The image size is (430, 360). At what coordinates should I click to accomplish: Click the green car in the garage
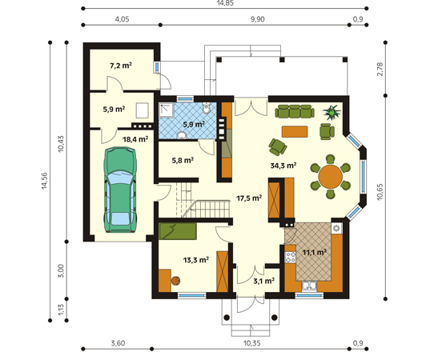120,190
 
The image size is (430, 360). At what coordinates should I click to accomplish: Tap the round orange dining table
330,176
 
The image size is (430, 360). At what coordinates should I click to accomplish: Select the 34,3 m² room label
283,166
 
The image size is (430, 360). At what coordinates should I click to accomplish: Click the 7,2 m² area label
121,66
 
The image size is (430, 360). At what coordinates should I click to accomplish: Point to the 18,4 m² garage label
135,139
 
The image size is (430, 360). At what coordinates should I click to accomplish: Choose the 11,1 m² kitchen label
314,252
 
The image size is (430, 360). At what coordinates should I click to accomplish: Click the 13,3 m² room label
196,259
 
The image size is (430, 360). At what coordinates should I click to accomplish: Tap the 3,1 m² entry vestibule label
263,281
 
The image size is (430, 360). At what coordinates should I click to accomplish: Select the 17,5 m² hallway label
249,198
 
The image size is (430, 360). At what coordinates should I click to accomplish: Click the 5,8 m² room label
183,160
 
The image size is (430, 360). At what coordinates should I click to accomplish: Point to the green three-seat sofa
295,111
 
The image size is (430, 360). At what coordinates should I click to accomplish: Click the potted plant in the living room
332,112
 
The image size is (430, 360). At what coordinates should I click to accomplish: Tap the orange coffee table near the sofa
295,131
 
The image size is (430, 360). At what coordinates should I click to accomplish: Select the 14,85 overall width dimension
225,3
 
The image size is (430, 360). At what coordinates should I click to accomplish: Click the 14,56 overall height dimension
44,181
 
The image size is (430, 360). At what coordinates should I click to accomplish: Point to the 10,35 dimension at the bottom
251,343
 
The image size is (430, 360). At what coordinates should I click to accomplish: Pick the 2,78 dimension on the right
380,70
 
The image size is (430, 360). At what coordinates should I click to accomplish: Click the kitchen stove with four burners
290,258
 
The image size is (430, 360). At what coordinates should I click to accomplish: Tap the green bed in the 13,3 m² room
178,231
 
